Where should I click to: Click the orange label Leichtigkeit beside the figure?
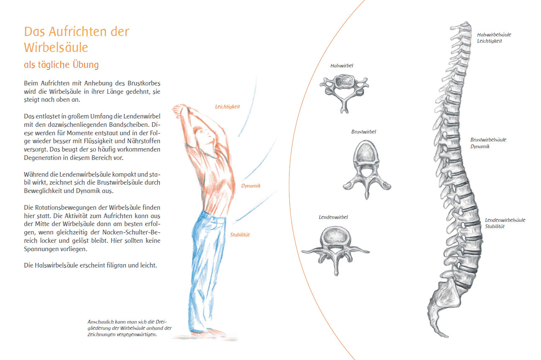pyautogui.click(x=227, y=107)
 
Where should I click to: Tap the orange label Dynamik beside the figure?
pyautogui.click(x=251, y=186)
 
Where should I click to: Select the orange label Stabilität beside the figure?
pyautogui.click(x=240, y=234)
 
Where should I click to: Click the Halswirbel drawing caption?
pyautogui.click(x=341, y=66)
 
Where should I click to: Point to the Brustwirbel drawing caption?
pyautogui.click(x=364, y=132)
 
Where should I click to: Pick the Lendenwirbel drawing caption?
pyautogui.click(x=333, y=217)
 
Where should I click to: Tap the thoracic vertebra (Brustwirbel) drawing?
pyautogui.click(x=367, y=170)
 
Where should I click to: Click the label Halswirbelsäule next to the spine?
pyautogui.click(x=494, y=35)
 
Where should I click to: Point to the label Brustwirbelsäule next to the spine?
pyautogui.click(x=488, y=140)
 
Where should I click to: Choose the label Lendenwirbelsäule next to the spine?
pyautogui.click(x=505, y=220)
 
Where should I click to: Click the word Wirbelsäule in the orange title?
pyautogui.click(x=56, y=47)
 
